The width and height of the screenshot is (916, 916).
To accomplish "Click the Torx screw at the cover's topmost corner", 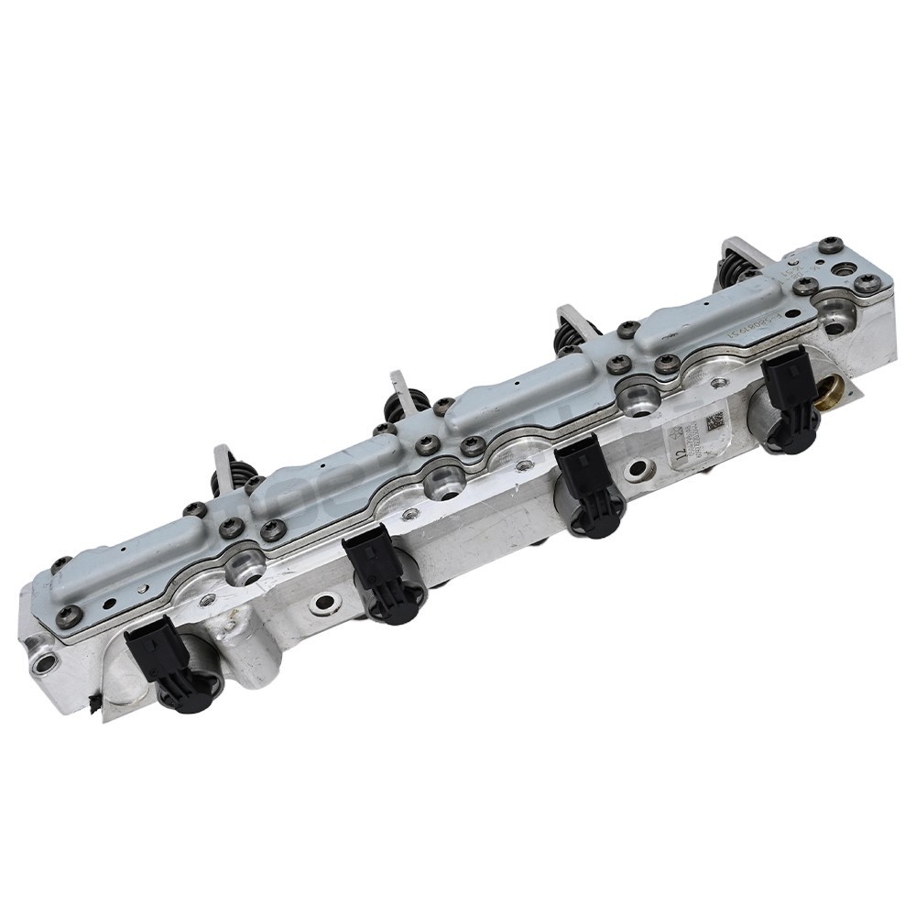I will click(830, 244).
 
